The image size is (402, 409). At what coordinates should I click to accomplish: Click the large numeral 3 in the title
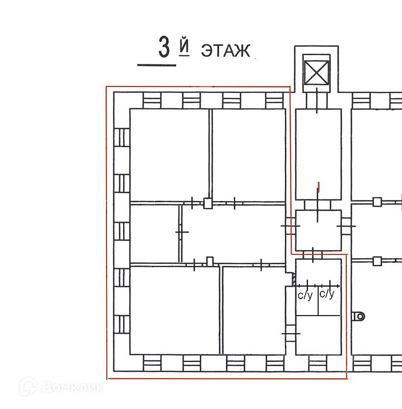pyautogui.click(x=164, y=48)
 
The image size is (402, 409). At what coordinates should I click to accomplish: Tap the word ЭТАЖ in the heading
pyautogui.click(x=225, y=51)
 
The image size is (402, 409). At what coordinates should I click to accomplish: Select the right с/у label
pyautogui.click(x=326, y=294)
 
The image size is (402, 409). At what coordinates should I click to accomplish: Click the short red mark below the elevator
pyautogui.click(x=319, y=187)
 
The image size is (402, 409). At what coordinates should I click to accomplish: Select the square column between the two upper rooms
pyautogui.click(x=207, y=203)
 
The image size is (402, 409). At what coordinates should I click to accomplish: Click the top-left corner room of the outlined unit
pyautogui.click(x=169, y=154)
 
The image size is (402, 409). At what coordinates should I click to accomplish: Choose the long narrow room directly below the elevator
pyautogui.click(x=318, y=153)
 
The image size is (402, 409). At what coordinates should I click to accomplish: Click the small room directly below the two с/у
pyautogui.click(x=318, y=334)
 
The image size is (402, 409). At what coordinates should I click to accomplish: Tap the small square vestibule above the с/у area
pyautogui.click(x=319, y=230)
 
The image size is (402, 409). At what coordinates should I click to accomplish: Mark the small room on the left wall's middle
pyautogui.click(x=154, y=233)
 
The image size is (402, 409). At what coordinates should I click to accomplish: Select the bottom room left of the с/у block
pyautogui.click(x=253, y=310)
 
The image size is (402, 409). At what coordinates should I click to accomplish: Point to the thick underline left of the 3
pyautogui.click(x=156, y=65)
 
